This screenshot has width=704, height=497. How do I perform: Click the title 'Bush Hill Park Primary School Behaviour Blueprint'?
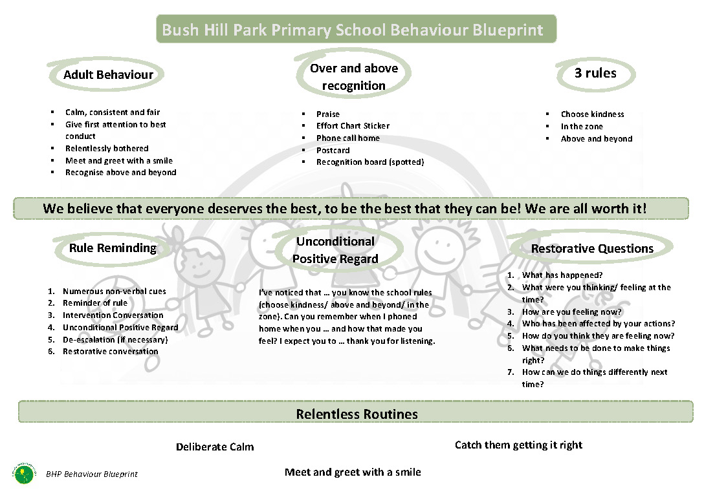pyautogui.click(x=353, y=30)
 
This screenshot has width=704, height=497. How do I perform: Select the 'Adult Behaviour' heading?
pyautogui.click(x=108, y=74)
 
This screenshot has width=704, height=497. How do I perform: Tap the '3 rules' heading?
pyautogui.click(x=595, y=73)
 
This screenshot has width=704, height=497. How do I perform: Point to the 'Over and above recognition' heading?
pyautogui.click(x=353, y=77)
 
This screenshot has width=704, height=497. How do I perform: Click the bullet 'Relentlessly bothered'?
pyautogui.click(x=107, y=148)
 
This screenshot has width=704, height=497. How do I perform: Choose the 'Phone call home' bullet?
pyautogui.click(x=347, y=138)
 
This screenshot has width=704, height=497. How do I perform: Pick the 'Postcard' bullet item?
pyautogui.click(x=333, y=150)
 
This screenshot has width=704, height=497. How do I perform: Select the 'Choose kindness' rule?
pyautogui.click(x=592, y=114)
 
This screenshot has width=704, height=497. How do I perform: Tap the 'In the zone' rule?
pyautogui.click(x=582, y=126)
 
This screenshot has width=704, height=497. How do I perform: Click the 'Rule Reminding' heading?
pyautogui.click(x=113, y=248)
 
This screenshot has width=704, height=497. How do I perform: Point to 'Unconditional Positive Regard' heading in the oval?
pyautogui.click(x=335, y=250)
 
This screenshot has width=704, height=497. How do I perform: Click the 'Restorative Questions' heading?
pyautogui.click(x=592, y=248)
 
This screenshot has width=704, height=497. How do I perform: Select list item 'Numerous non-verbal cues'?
pyautogui.click(x=114, y=291)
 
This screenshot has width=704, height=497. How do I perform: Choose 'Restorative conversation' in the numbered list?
pyautogui.click(x=110, y=351)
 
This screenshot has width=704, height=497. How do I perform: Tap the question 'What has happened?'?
pyautogui.click(x=562, y=275)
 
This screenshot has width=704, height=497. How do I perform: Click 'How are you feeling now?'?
pyautogui.click(x=571, y=312)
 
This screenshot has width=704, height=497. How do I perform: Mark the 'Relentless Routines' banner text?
pyautogui.click(x=357, y=414)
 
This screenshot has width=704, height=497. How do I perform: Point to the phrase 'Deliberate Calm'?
pyautogui.click(x=215, y=447)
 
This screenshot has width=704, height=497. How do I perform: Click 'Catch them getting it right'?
pyautogui.click(x=518, y=445)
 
